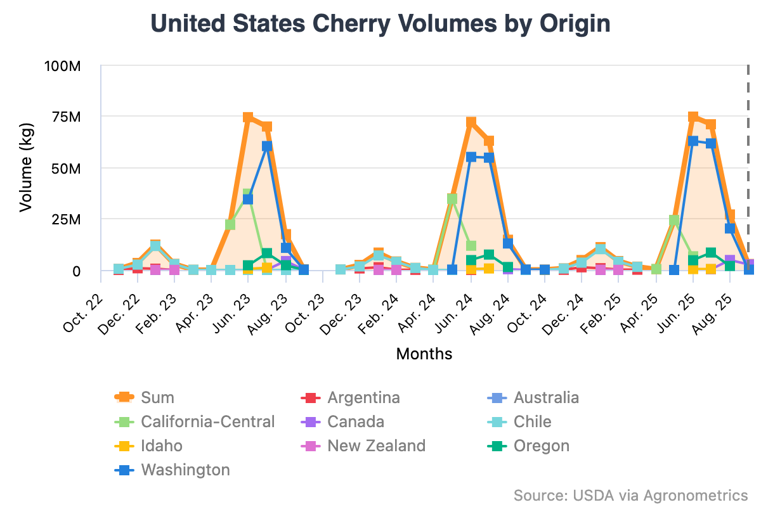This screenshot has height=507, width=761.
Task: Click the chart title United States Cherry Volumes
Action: click(x=380, y=24)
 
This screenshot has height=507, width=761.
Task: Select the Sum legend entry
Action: click(x=157, y=397)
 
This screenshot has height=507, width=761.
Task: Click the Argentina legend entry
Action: click(x=363, y=397)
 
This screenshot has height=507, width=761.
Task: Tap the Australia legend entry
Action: click(x=545, y=397)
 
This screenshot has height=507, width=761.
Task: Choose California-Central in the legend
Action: click(x=207, y=421)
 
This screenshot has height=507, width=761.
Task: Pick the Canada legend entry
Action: click(x=355, y=421)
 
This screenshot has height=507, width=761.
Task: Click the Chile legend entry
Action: click(x=532, y=421)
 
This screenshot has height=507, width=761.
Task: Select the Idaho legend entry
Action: click(x=161, y=446)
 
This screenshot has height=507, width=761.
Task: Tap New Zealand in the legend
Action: click(x=376, y=446)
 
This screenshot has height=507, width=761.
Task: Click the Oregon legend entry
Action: click(x=541, y=446)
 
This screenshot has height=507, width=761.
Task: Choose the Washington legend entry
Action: click(x=185, y=470)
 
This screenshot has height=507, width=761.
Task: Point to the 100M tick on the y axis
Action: click(x=62, y=66)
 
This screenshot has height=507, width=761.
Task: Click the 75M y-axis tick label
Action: click(x=66, y=117)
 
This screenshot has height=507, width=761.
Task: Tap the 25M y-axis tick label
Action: click(x=66, y=220)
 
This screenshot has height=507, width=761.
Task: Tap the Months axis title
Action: click(x=424, y=354)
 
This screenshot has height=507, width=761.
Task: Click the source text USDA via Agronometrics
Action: click(x=631, y=495)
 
